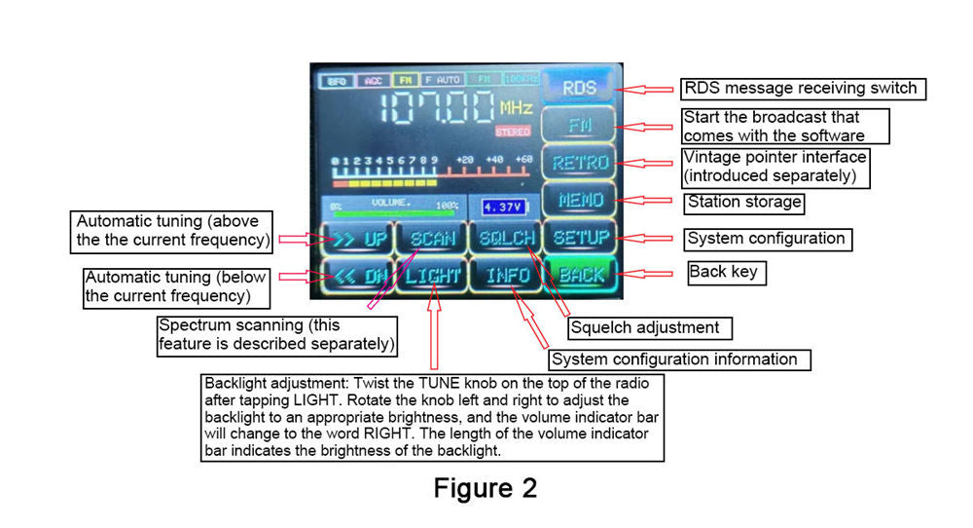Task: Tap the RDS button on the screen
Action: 580,88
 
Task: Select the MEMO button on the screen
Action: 580,201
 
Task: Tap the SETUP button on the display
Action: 580,237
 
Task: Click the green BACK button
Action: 580,275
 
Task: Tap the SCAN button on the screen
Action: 432,238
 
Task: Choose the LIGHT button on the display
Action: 432,276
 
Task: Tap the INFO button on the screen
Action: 506,276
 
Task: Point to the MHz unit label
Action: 517,106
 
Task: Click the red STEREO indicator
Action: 513,131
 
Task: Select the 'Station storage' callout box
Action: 745,203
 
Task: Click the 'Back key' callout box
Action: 726,272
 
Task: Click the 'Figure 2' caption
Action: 485,487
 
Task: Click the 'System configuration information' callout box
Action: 680,359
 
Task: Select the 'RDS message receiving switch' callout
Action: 801,89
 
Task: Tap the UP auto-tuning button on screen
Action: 356,238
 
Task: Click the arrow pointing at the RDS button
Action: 647,89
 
